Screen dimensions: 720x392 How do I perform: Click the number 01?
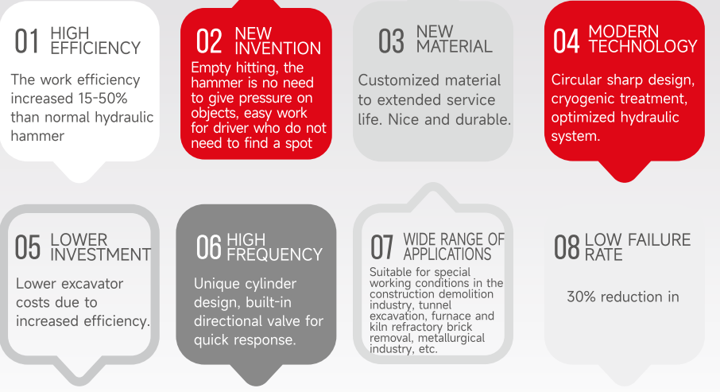(x=26, y=41)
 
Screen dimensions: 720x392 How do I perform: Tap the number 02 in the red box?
(x=209, y=41)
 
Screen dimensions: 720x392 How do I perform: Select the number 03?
(x=391, y=41)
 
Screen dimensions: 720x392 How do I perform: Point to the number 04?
(x=566, y=41)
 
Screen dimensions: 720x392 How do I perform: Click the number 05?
(x=28, y=247)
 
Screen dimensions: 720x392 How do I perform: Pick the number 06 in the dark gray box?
(x=209, y=247)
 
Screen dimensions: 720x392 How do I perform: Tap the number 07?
(x=382, y=247)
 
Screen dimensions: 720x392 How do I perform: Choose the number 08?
(x=567, y=247)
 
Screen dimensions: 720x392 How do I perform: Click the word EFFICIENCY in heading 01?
(x=95, y=48)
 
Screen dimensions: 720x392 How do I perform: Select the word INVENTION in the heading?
(x=278, y=49)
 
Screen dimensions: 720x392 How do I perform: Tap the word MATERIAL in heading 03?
(x=454, y=46)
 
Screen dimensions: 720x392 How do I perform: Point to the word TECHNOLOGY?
(x=643, y=46)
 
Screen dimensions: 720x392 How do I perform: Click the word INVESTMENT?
(x=101, y=254)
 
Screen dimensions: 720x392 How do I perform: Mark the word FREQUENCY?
(x=275, y=254)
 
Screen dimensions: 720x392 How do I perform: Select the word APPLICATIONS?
(x=447, y=254)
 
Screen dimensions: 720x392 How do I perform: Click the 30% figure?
(x=582, y=297)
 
